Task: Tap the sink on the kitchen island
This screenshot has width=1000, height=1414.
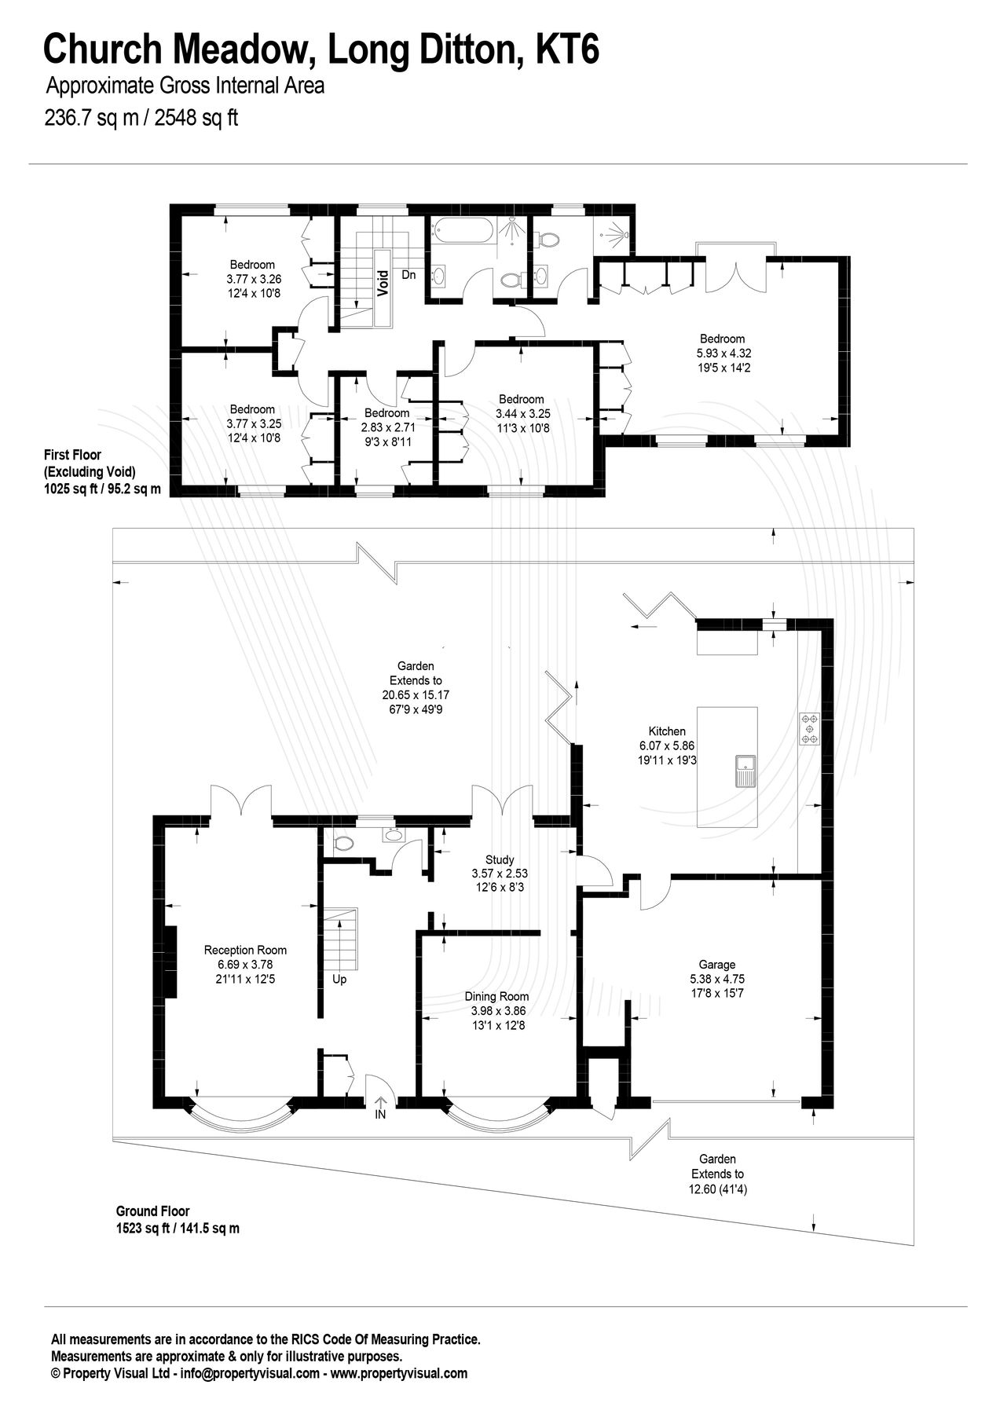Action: point(744,771)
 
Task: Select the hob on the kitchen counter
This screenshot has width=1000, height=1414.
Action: point(810,728)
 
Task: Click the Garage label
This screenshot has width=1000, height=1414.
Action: point(716,965)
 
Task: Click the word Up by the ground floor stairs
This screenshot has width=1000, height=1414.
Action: point(339,980)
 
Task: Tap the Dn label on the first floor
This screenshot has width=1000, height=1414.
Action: point(408,275)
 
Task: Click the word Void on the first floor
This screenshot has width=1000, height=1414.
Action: point(383,282)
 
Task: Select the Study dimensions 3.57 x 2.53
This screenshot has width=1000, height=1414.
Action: point(499,874)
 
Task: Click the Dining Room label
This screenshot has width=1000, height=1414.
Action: point(497,996)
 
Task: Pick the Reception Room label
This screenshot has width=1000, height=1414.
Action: point(245,950)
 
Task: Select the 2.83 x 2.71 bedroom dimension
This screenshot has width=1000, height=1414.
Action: point(387,427)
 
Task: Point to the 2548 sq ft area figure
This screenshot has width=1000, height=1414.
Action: point(196,119)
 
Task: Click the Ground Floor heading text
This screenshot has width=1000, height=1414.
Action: point(152,1211)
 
